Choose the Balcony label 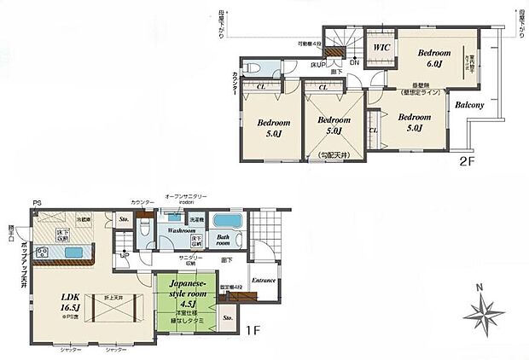coord(470,105)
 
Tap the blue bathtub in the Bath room coord(228,219)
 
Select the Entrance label coord(263,281)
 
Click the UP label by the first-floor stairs coord(125,254)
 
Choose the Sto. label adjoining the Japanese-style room coord(227,318)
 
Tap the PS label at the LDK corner coord(36,203)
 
